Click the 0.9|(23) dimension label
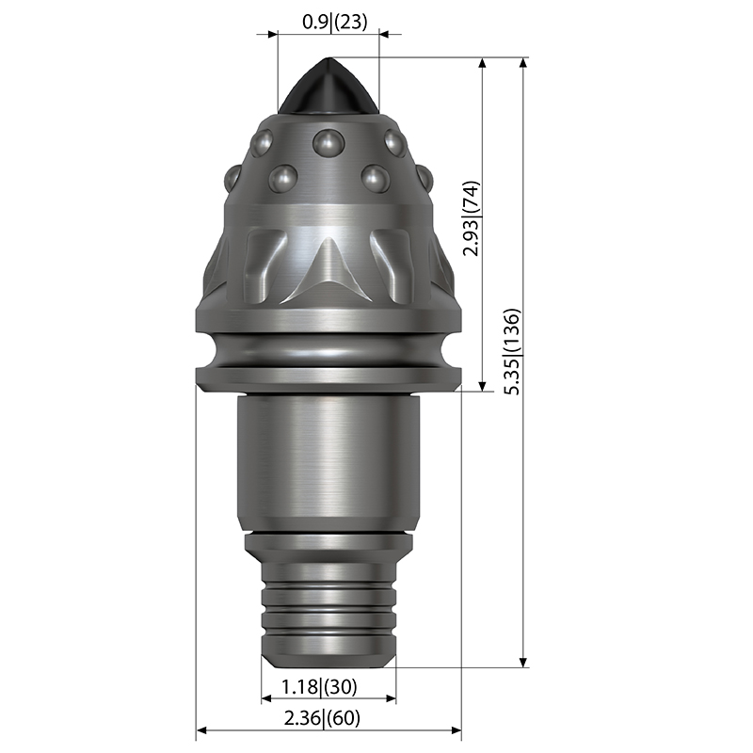point(335,22)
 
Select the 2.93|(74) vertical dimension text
point(472,218)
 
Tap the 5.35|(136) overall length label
point(512,352)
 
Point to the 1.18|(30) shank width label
point(319,687)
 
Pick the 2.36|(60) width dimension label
point(322,718)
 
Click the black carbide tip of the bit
point(328,87)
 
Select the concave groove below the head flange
point(328,349)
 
